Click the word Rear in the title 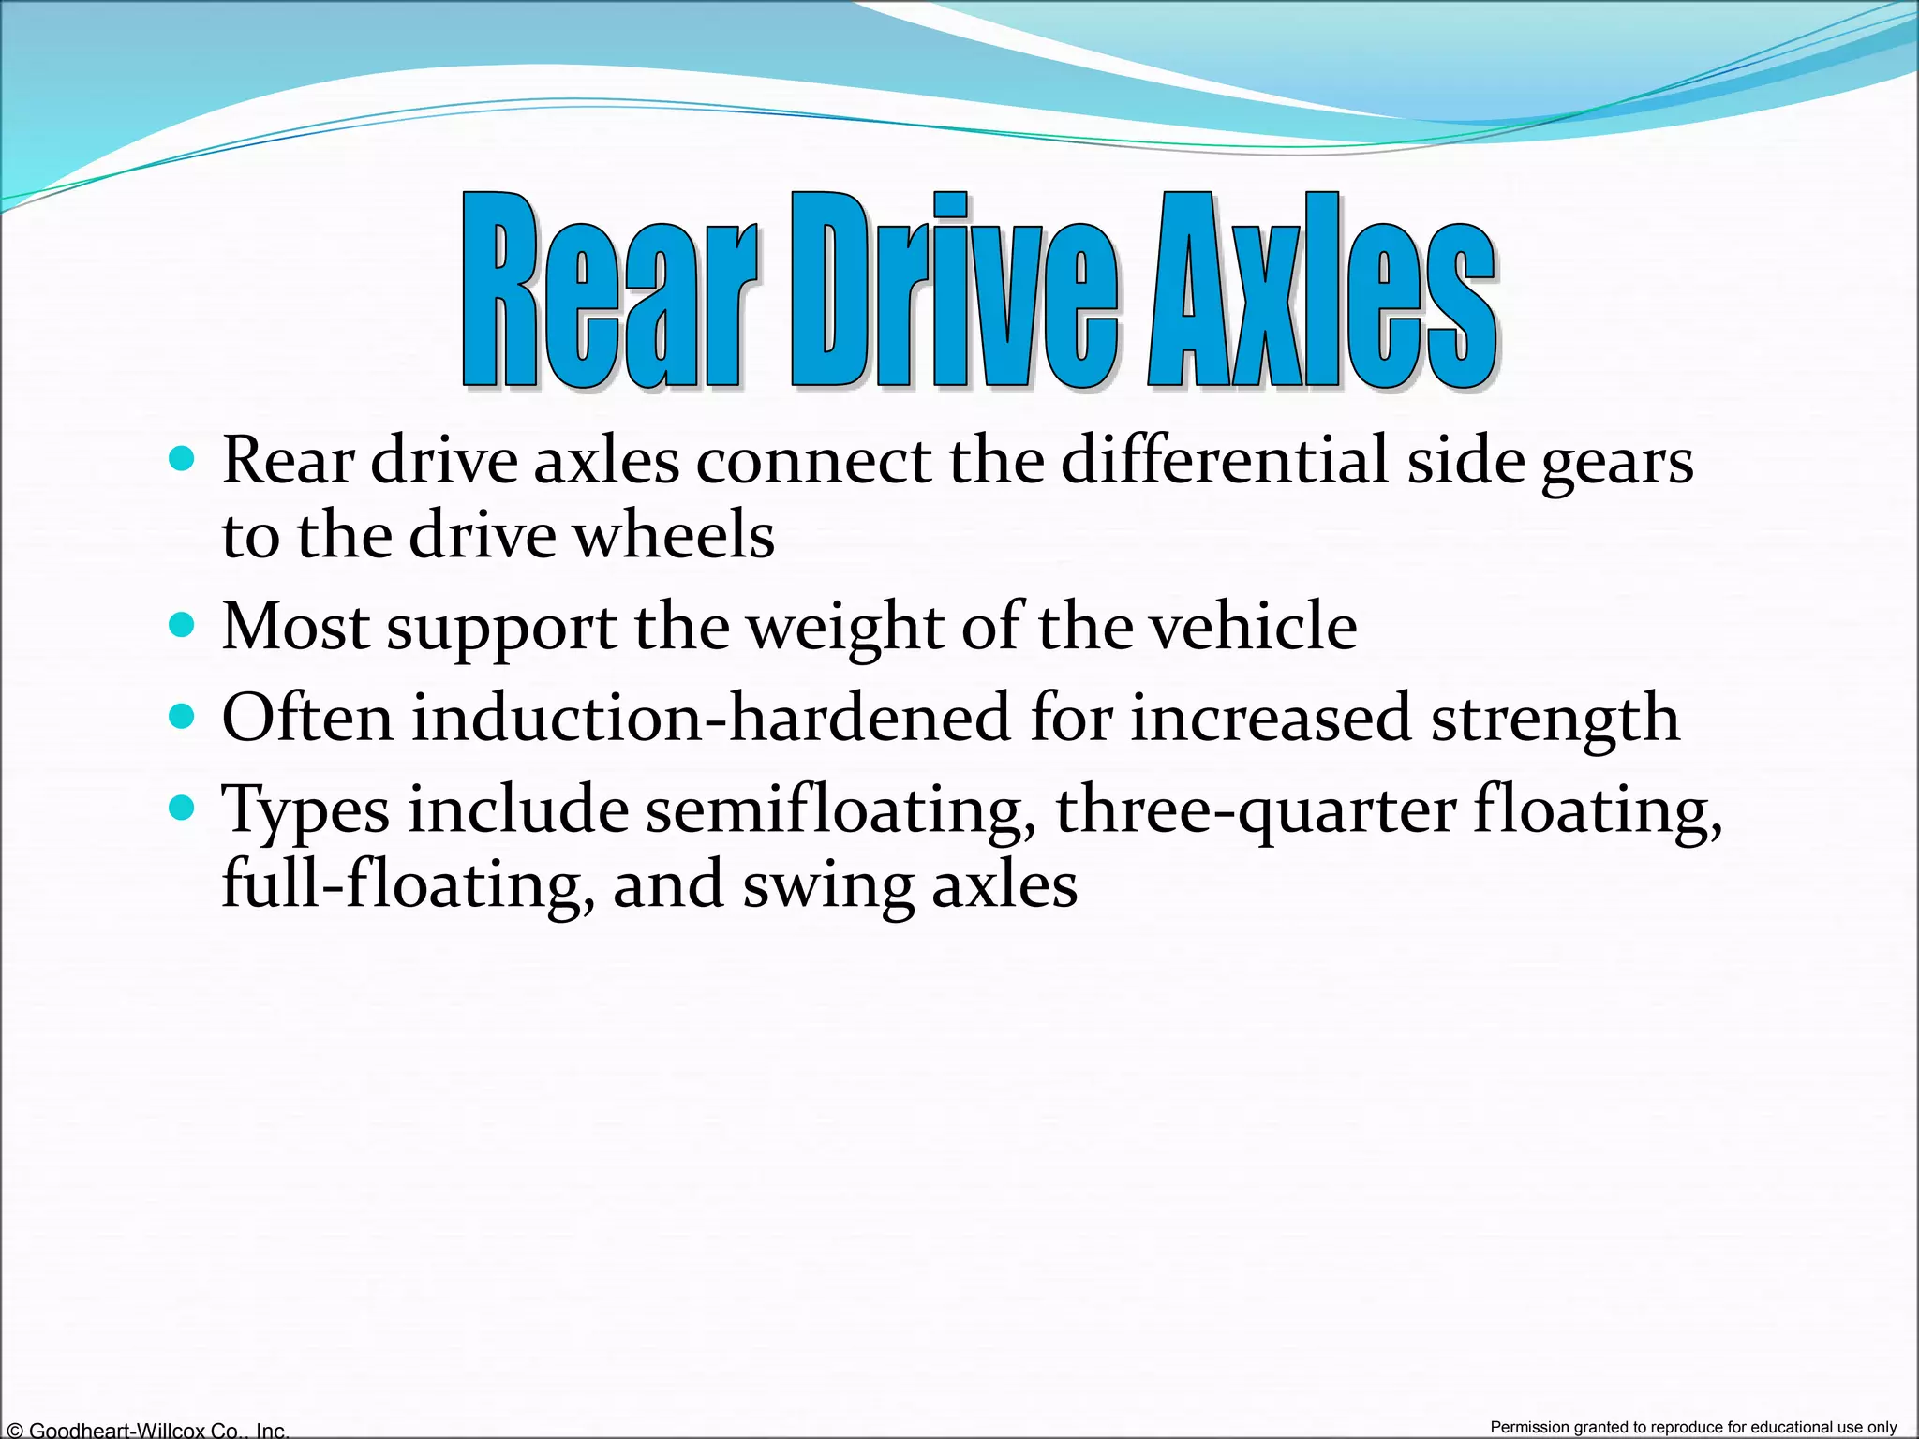click(609, 290)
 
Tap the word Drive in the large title click(954, 290)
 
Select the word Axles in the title click(1321, 290)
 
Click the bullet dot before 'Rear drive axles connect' click(182, 459)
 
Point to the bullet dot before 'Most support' click(182, 625)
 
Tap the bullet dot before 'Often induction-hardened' click(182, 717)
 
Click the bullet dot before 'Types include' click(182, 808)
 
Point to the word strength click(1555, 719)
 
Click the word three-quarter click(1256, 811)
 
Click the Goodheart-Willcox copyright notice click(146, 1430)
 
